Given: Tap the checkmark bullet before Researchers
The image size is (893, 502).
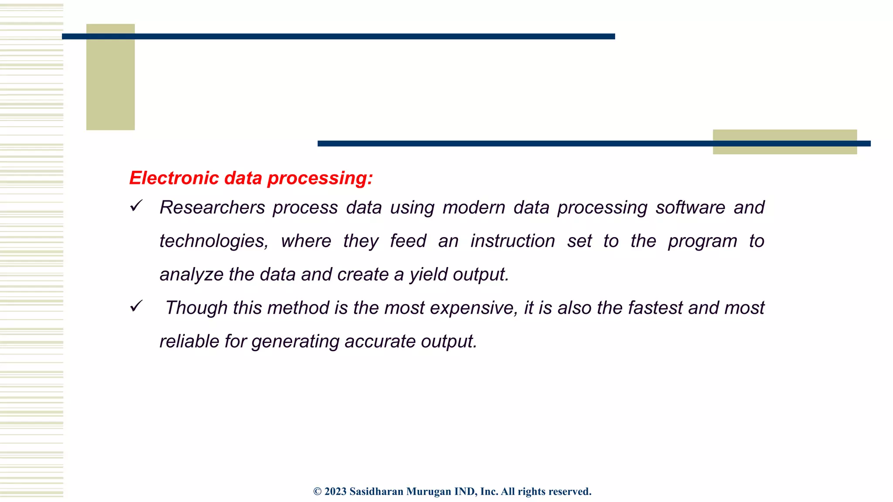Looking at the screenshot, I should tap(136, 206).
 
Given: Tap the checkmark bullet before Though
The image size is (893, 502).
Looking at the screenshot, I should tap(136, 306).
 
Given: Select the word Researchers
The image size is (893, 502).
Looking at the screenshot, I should tap(212, 207).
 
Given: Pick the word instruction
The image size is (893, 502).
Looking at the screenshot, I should tap(512, 241).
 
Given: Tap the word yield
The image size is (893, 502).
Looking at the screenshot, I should tap(428, 275).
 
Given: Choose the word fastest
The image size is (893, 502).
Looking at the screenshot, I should tap(655, 308).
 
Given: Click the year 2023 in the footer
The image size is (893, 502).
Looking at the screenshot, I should tap(335, 492).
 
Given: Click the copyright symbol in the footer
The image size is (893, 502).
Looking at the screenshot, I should tap(317, 492).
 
